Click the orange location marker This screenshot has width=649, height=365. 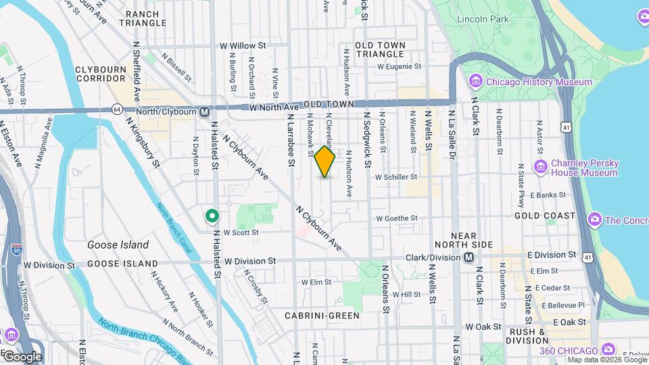click(x=325, y=162)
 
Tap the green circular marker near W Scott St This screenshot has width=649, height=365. click(x=212, y=216)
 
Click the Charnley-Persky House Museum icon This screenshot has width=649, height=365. click(x=540, y=167)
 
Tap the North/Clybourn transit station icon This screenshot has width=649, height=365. click(x=204, y=111)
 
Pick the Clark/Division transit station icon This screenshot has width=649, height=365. click(x=468, y=258)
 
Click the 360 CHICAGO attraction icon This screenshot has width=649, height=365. click(x=608, y=349)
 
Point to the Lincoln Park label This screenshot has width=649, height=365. click(x=482, y=20)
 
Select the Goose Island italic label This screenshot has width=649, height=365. click(x=113, y=245)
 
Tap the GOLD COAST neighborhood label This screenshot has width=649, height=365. click(x=545, y=216)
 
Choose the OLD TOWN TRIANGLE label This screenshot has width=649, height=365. click(x=381, y=49)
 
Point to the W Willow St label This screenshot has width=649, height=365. click(x=243, y=46)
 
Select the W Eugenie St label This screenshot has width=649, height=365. click(x=399, y=67)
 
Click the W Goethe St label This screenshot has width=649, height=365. click(x=397, y=218)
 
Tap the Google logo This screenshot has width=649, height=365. click(x=22, y=356)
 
